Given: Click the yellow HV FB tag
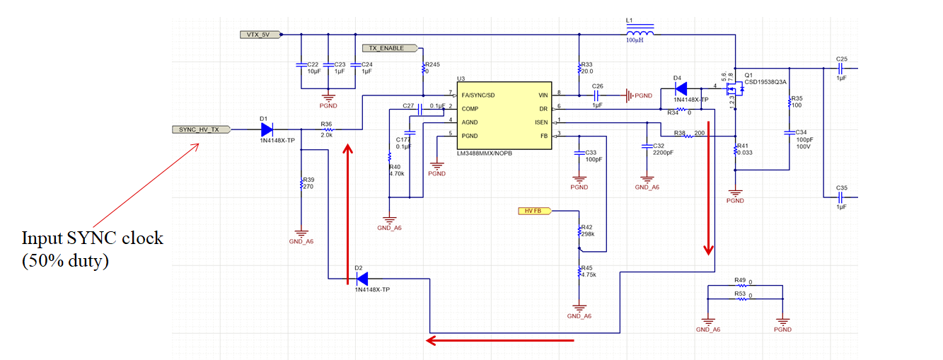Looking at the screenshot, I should point(535,210).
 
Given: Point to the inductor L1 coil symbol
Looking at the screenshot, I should point(639,31).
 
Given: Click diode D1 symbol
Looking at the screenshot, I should point(266,129).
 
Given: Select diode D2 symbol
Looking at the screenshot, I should point(361,279).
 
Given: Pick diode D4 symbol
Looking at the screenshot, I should point(681,89).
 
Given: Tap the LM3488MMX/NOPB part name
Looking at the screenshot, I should point(485,153).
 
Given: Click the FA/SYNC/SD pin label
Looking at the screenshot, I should point(478,95).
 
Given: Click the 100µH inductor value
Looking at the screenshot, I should point(635,41).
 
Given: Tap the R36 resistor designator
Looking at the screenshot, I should point(326,124).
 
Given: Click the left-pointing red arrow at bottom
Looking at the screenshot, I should point(499,340).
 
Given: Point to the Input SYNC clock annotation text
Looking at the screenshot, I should point(92,249).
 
